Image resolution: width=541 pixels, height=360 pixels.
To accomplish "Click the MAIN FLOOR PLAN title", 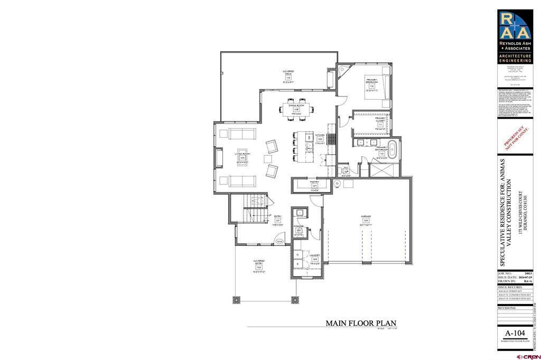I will pyautogui.click(x=361, y=323).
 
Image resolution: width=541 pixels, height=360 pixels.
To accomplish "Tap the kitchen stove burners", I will pyautogui.click(x=332, y=140).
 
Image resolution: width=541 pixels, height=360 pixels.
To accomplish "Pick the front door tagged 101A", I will pyautogui.click(x=281, y=241).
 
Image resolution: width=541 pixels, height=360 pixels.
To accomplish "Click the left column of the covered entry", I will pyautogui.click(x=235, y=299).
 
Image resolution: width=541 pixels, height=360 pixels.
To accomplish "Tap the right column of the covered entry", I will pyautogui.click(x=293, y=299).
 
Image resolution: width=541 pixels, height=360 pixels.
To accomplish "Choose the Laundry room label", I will pyautogui.click(x=315, y=258).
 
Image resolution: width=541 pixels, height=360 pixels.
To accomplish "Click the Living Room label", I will pyautogui.click(x=242, y=156).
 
